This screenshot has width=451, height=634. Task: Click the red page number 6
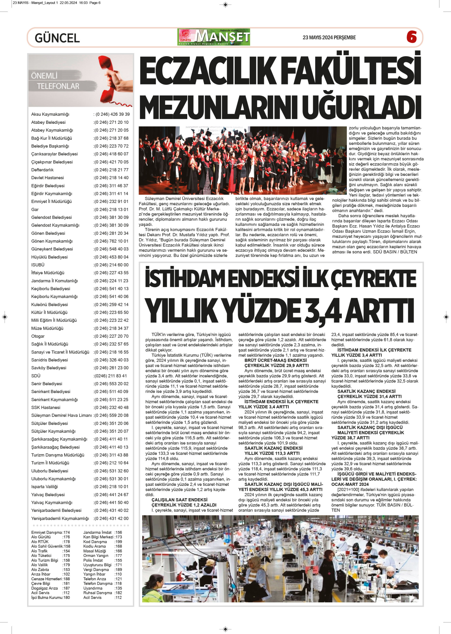point(411,37)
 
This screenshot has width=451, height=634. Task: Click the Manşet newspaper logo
point(214,37)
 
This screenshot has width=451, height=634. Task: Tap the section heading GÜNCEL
point(57,38)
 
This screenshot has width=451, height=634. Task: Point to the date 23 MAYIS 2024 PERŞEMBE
point(329,38)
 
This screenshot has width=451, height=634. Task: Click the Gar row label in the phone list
point(35,210)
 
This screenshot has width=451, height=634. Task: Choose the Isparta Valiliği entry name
point(44,487)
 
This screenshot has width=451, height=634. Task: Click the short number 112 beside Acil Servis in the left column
point(66,593)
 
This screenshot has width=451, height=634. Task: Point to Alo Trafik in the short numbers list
point(39,551)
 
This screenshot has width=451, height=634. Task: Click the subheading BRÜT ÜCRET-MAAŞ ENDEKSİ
point(275,360)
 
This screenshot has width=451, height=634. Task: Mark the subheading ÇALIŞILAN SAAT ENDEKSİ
point(180,500)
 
